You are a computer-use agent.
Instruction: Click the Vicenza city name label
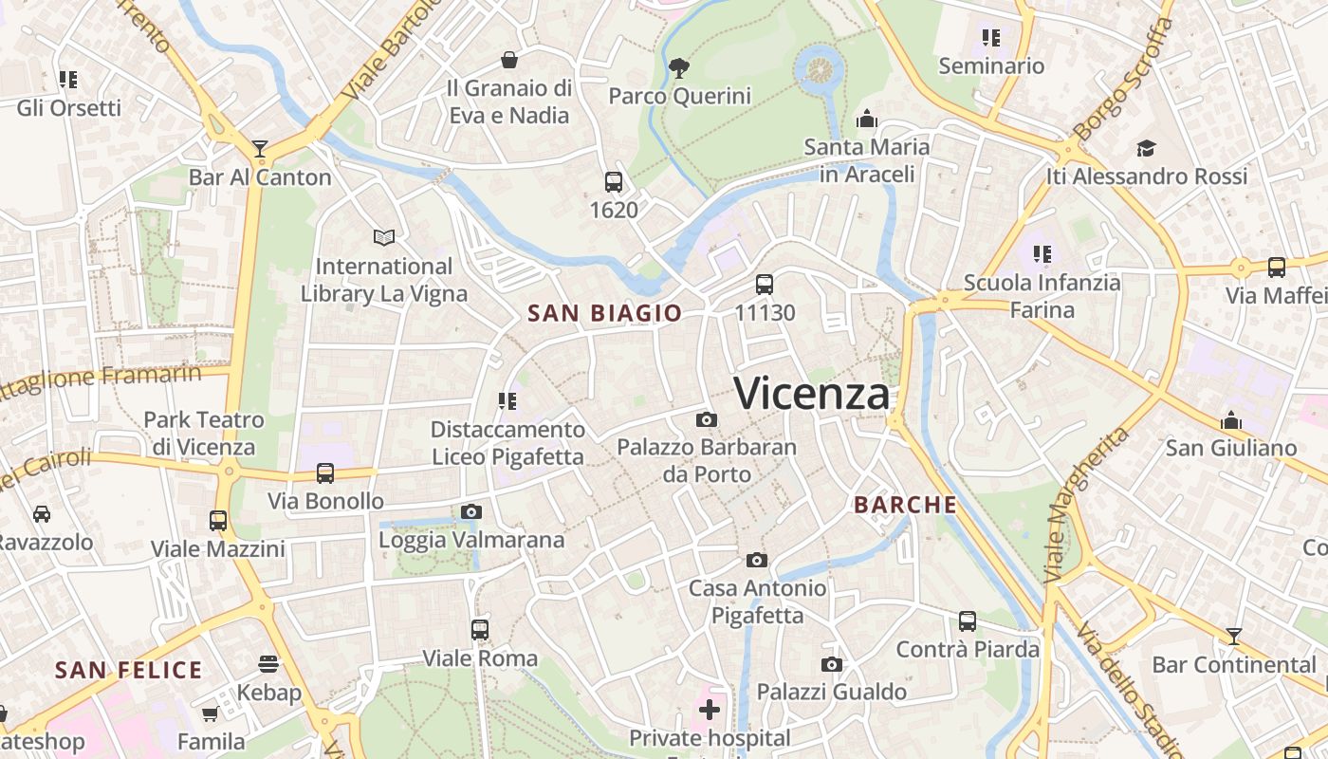click(x=812, y=394)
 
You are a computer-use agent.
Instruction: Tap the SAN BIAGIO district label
click(x=604, y=313)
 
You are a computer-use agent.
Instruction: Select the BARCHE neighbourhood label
click(x=905, y=505)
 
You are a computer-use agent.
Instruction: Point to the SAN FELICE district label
click(x=128, y=671)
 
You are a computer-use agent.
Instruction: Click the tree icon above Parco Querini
click(x=678, y=67)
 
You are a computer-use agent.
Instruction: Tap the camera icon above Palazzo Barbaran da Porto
click(x=706, y=419)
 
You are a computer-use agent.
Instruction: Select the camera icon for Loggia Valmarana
click(x=470, y=512)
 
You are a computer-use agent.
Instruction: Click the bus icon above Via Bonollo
click(x=325, y=472)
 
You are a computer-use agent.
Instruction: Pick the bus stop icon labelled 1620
click(x=614, y=181)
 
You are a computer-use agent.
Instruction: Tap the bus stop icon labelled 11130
click(x=764, y=284)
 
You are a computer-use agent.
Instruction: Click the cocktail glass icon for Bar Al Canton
click(x=259, y=149)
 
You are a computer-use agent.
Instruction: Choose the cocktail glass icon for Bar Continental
click(x=1233, y=637)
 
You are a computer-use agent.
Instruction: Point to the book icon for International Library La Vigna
click(x=383, y=237)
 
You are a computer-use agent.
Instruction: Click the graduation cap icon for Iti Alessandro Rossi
click(x=1146, y=148)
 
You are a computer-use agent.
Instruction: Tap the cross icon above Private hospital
click(x=710, y=710)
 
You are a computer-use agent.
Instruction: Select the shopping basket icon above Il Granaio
click(x=509, y=60)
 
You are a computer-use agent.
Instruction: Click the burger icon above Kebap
click(x=268, y=663)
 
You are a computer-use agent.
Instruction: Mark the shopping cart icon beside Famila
click(x=210, y=713)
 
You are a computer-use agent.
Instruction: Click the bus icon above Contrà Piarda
click(x=967, y=621)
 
